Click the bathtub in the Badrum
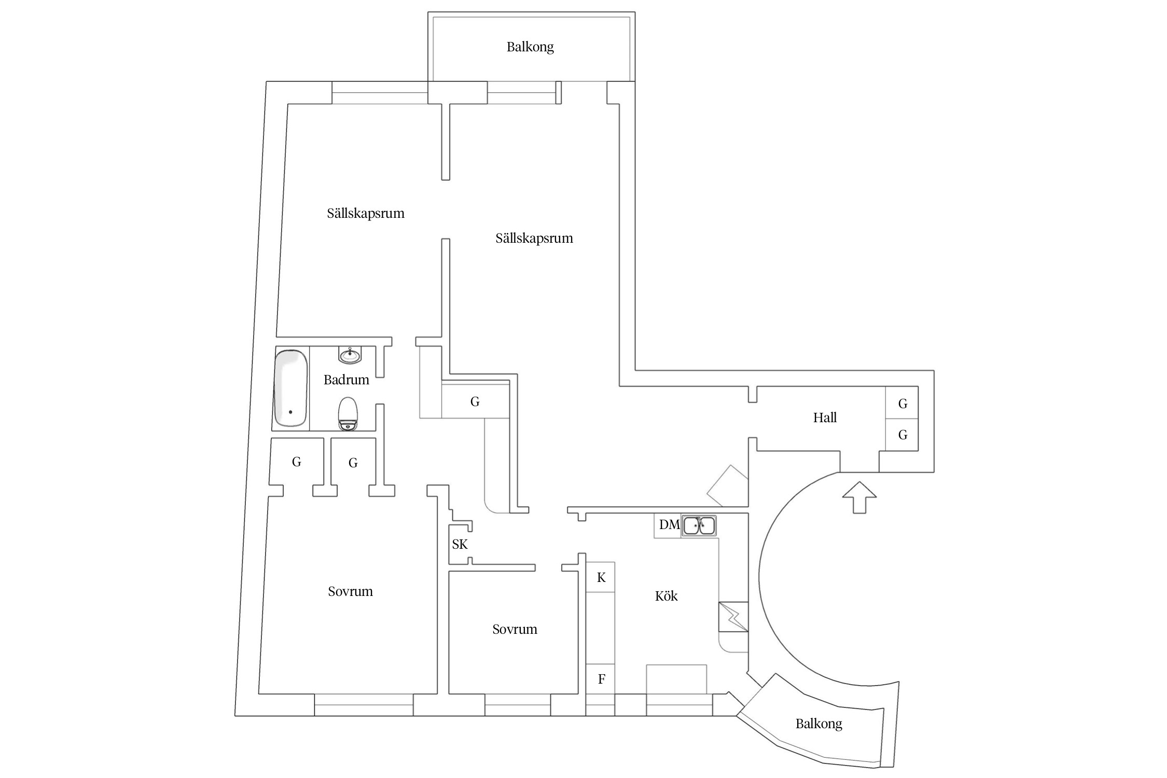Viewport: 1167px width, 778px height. [x=290, y=388]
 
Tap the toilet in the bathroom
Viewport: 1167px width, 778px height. [x=348, y=414]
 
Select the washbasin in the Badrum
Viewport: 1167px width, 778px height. [x=350, y=355]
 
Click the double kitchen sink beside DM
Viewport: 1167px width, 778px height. [x=699, y=525]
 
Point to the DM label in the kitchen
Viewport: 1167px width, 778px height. [x=669, y=525]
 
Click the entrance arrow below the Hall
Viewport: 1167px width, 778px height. [x=859, y=497]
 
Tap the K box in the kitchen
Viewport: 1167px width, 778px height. [x=601, y=577]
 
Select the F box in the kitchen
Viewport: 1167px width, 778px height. [x=601, y=679]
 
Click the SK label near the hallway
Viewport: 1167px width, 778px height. [x=460, y=544]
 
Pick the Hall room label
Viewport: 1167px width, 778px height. [x=825, y=418]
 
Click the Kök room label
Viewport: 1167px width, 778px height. [x=666, y=596]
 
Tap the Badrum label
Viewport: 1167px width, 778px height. [x=346, y=380]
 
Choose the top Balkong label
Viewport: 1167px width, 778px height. [x=530, y=47]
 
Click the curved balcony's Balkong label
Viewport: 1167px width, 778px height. [x=818, y=724]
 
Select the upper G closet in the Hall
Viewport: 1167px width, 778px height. [x=902, y=403]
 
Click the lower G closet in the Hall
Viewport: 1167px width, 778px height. [x=902, y=435]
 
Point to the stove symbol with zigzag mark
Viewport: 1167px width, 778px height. [x=733, y=617]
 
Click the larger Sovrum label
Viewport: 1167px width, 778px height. [x=350, y=591]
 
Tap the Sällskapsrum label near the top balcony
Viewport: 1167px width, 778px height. [x=534, y=239]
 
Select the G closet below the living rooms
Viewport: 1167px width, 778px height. [x=475, y=401]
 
